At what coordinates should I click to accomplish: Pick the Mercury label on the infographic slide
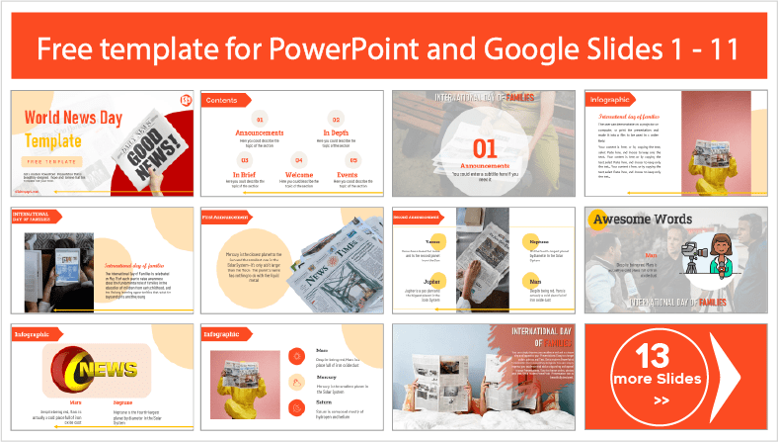click(x=330, y=377)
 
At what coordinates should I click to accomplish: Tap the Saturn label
click(x=327, y=402)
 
